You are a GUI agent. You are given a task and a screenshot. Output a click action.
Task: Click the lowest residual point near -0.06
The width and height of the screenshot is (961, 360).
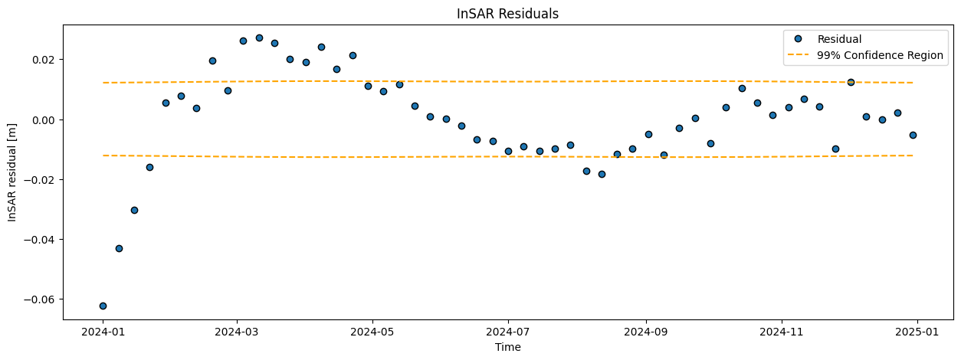click(103, 306)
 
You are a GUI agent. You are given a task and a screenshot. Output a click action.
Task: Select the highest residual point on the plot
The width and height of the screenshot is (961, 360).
click(259, 38)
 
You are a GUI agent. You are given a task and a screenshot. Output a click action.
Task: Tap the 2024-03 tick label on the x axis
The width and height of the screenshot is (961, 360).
click(237, 332)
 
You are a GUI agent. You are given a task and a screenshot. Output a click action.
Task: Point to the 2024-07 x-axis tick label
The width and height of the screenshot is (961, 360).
click(508, 332)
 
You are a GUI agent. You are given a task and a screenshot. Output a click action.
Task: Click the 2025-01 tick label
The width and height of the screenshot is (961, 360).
click(917, 332)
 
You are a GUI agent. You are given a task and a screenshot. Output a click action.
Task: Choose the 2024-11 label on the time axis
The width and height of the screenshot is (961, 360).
click(781, 332)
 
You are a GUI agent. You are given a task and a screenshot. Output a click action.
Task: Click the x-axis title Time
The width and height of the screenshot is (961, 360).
click(508, 347)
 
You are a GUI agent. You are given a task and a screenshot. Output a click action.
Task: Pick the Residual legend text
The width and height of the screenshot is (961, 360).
click(839, 39)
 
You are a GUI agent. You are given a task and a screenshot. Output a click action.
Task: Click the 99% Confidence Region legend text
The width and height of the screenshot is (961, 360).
click(881, 55)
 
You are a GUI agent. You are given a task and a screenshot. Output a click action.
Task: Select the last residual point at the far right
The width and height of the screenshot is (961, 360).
click(913, 135)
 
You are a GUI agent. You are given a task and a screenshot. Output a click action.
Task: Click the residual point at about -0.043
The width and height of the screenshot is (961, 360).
click(119, 248)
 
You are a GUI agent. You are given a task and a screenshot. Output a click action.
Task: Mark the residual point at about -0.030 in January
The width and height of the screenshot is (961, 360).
click(134, 210)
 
